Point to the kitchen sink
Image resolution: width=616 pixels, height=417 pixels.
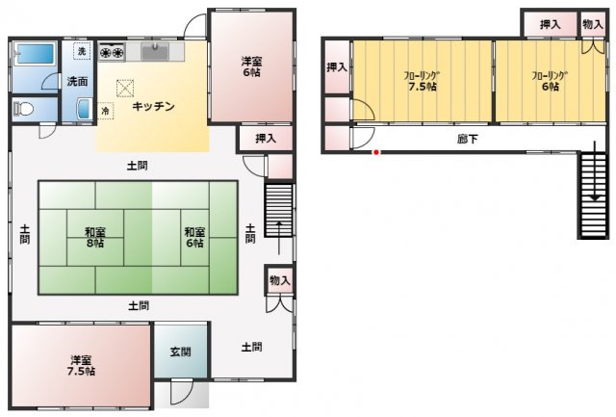click(x=156, y=50)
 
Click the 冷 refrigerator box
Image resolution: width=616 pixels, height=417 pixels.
click(x=105, y=111)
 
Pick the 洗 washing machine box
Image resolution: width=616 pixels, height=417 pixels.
click(x=82, y=50)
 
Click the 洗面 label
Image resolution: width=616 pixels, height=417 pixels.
click(x=77, y=81)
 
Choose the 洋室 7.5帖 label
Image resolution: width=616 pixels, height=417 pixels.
click(x=81, y=365)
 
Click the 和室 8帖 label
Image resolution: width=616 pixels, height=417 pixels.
click(x=94, y=237)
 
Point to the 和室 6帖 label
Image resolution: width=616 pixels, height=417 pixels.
click(x=193, y=237)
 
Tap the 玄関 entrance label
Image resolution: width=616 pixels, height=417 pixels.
click(x=180, y=352)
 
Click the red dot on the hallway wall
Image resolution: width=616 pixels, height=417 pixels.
click(x=376, y=152)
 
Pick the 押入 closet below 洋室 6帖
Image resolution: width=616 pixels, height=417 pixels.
click(x=266, y=139)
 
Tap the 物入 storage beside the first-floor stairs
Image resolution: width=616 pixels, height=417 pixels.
click(x=280, y=280)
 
